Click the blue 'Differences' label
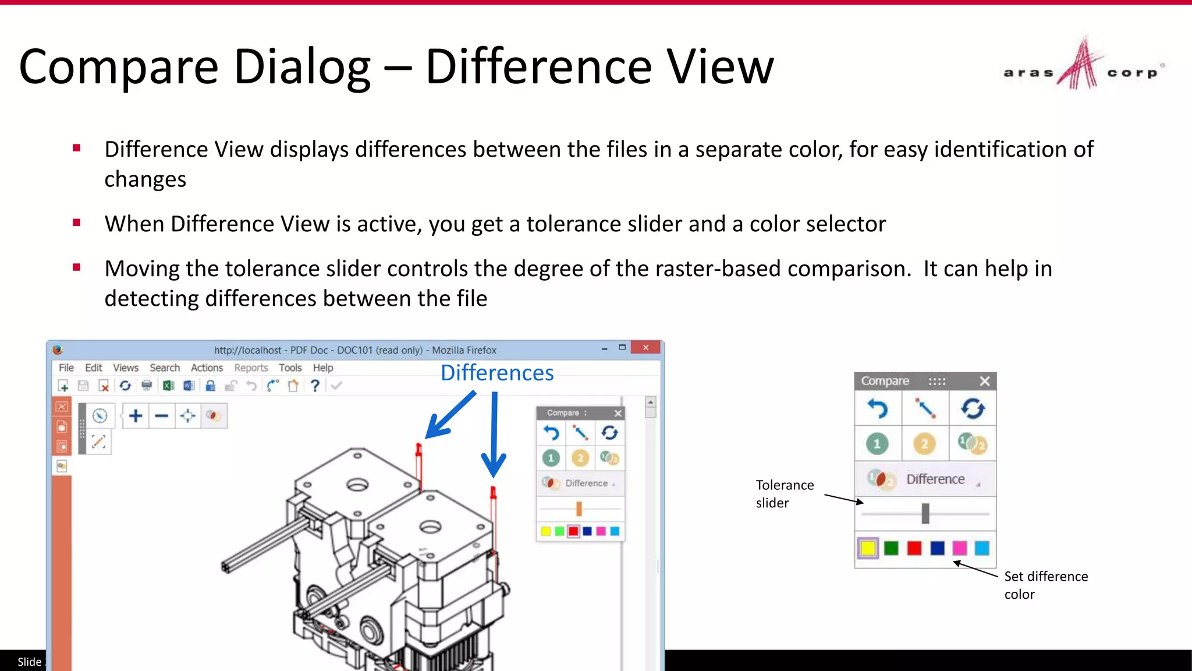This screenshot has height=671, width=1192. coord(497,373)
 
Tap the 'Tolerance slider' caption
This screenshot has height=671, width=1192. coord(785,493)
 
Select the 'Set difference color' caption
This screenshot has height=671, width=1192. coord(1045,585)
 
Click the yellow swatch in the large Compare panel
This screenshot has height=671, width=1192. coord(868,548)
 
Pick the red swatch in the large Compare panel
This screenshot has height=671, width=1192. coord(914,548)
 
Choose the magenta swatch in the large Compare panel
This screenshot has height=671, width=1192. coord(959,548)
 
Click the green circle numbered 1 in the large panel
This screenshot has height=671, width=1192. coord(877,444)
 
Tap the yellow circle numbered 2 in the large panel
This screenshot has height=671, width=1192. coord(924,444)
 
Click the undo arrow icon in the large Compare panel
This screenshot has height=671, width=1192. coord(878,409)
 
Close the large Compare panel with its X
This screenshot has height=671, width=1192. coord(985,381)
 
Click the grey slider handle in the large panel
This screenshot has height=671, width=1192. coord(925,514)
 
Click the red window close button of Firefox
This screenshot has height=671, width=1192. coord(645,348)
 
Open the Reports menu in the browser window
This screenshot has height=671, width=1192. coord(251,368)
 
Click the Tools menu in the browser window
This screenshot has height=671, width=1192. coord(290,368)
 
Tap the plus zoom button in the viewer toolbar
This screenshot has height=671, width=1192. coord(136,416)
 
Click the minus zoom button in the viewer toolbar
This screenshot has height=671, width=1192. coord(162,416)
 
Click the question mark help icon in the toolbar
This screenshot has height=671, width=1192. coord(315,386)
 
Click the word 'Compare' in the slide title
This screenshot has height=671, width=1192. coord(119,66)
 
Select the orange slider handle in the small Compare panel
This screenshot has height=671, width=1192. coord(579,509)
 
